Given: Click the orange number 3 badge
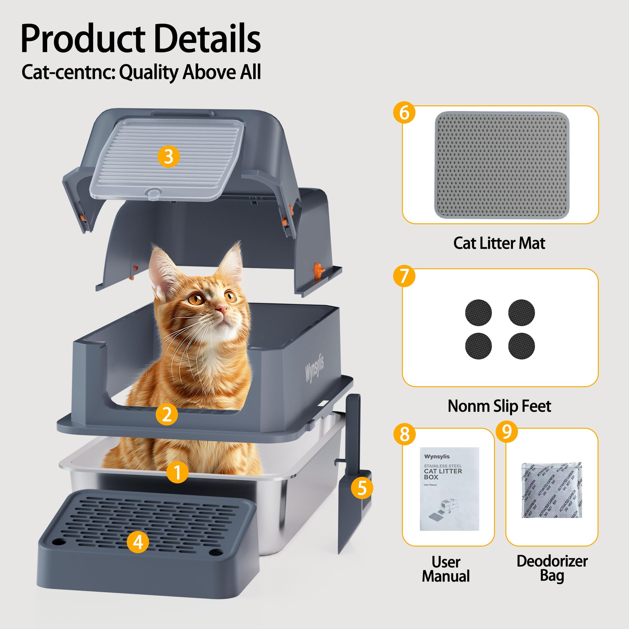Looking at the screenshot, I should click(x=168, y=157).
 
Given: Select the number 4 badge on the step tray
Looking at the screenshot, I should click(x=138, y=542).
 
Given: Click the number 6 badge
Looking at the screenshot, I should click(x=404, y=113).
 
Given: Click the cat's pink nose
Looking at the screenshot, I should click(x=223, y=308).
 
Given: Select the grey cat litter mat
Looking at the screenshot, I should click(x=502, y=165).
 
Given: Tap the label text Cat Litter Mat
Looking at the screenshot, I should click(x=499, y=243).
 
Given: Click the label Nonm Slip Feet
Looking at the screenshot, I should click(x=499, y=406).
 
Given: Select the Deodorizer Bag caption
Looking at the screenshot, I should click(x=552, y=568).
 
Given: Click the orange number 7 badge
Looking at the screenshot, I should click(x=404, y=276).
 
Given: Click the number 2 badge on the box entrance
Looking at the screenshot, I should click(x=167, y=414).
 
